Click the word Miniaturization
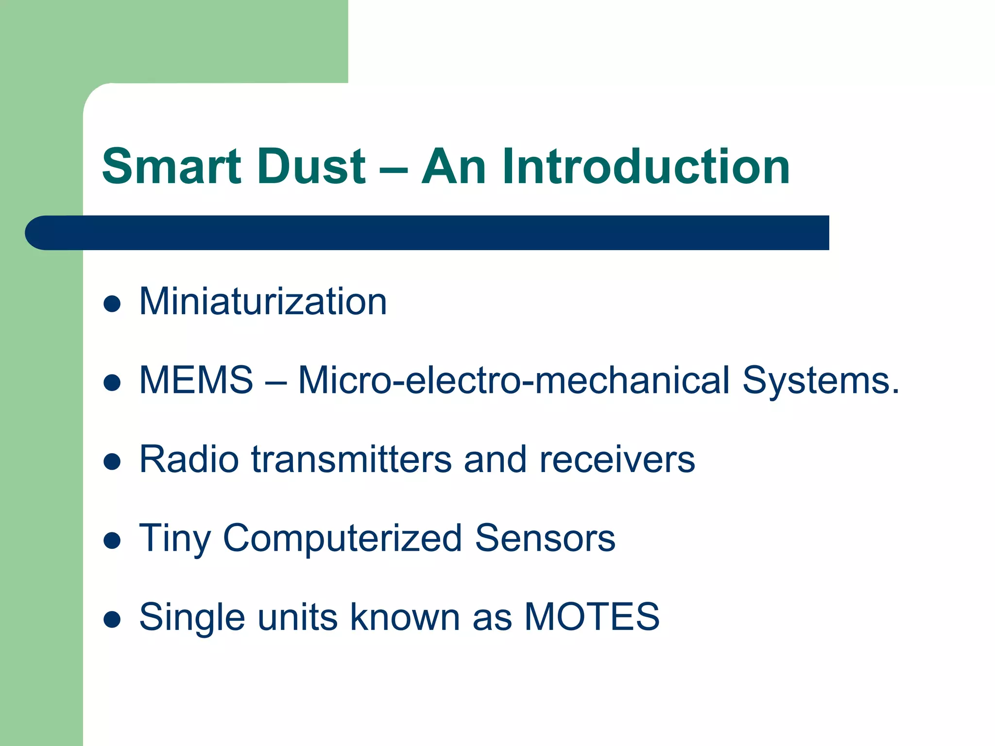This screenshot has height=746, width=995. pyautogui.click(x=263, y=302)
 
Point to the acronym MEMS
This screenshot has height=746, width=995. pyautogui.click(x=196, y=380)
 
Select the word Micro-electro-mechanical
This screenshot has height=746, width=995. pyautogui.click(x=514, y=380)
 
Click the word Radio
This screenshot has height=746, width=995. pyautogui.click(x=189, y=459)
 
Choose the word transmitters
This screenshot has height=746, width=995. pyautogui.click(x=351, y=459)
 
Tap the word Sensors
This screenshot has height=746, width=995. pyautogui.click(x=545, y=538)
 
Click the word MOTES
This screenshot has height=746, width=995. pyautogui.click(x=592, y=617)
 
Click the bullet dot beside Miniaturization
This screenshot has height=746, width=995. pyautogui.click(x=112, y=304)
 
